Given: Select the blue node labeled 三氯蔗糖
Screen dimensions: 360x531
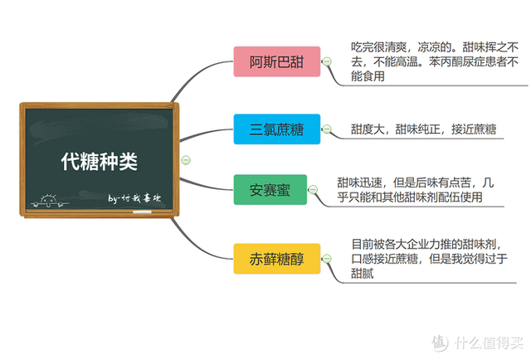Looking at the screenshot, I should click(x=278, y=130).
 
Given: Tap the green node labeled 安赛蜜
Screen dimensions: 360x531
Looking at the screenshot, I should click(x=270, y=190).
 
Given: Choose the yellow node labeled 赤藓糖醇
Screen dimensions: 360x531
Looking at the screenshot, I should click(x=278, y=259).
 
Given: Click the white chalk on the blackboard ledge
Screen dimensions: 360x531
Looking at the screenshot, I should click(x=142, y=212).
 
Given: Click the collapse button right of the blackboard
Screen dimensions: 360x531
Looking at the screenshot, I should click(x=185, y=159).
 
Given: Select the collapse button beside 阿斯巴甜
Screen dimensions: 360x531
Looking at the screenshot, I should click(x=328, y=62).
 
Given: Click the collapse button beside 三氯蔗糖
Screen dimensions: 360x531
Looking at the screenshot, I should click(x=328, y=130).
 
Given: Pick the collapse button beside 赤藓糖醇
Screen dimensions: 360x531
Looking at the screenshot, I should click(x=328, y=259).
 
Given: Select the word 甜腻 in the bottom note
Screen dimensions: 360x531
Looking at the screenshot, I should click(x=363, y=273).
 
